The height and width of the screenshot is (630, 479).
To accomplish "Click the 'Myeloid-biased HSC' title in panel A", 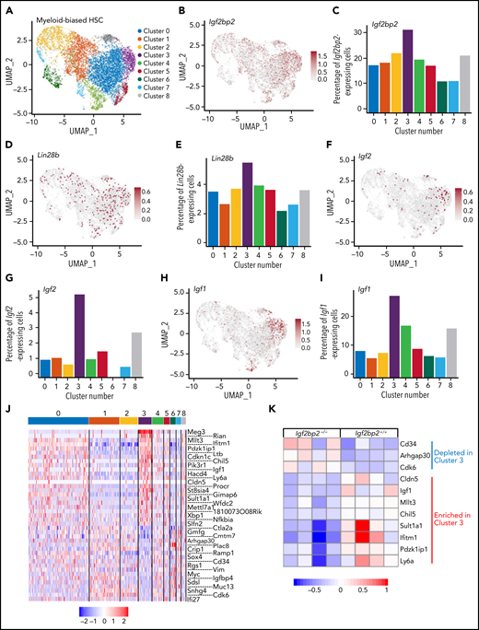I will coord(54,19).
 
